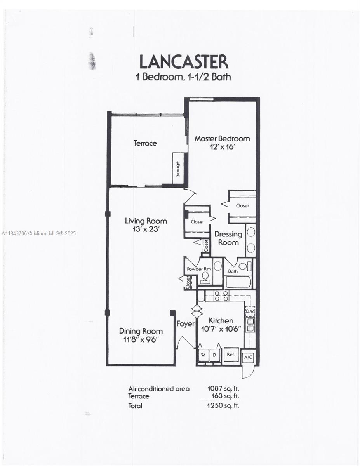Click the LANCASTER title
coord(184,62)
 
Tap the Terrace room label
coord(145,143)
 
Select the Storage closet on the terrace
coord(178,169)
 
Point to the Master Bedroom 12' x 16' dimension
coord(222,147)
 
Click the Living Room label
coord(146,221)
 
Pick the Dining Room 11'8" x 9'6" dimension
coord(141,340)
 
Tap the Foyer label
coord(186,324)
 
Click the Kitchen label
coord(221,321)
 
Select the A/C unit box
coord(248,357)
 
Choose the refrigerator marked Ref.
coord(231,355)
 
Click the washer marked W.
coord(203,355)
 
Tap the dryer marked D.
coord(215,355)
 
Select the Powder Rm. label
coord(199,269)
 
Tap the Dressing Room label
coord(228,238)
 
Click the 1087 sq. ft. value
coord(223,388)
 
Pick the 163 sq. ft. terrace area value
coord(225,396)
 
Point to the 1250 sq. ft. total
coord(223,405)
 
